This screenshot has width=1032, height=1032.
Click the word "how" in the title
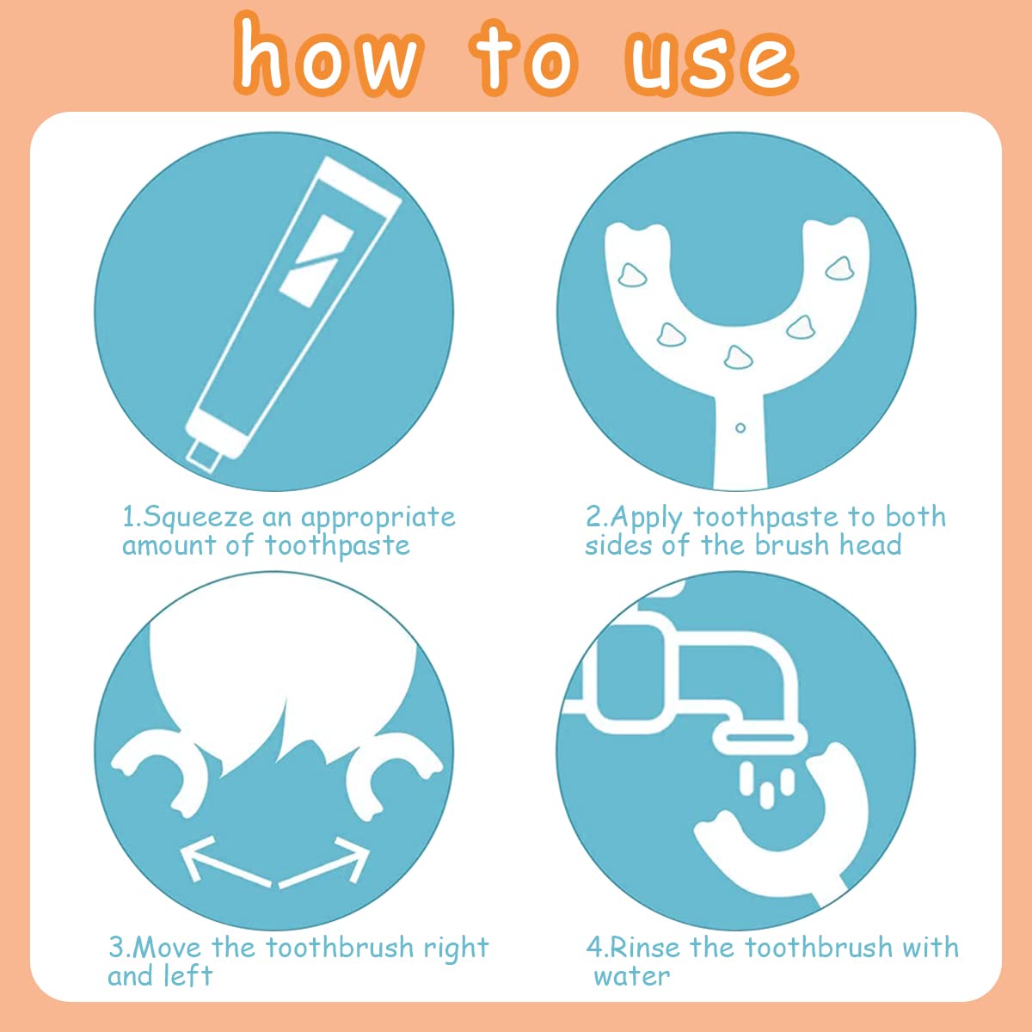point(328,56)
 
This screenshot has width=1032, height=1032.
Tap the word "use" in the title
point(711,60)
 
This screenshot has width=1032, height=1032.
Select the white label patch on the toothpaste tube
point(316,261)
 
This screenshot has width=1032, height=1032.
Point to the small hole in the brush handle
point(740,428)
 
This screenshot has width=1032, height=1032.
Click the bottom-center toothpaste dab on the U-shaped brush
point(738,357)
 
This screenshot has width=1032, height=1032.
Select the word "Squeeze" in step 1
point(199,518)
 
